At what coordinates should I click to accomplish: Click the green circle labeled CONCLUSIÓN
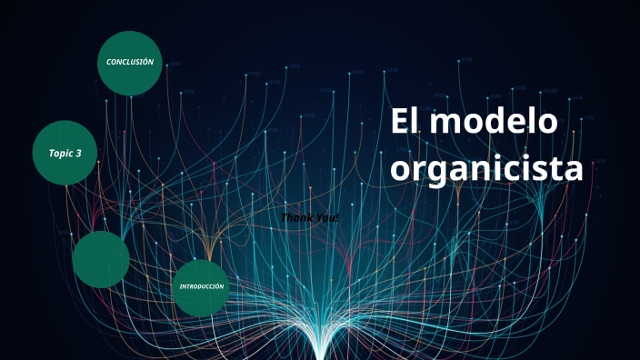tap(130, 63)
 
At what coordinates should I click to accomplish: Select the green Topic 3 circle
tap(65, 153)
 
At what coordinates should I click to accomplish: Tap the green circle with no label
tap(100, 259)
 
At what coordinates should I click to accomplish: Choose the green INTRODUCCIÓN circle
tap(201, 287)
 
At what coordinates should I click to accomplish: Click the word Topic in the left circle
tap(59, 154)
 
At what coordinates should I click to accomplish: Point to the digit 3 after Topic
tap(79, 154)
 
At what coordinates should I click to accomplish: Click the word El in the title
tap(406, 123)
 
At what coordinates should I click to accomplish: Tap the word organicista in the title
tap(486, 168)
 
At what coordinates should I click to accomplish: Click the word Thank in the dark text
tap(296, 218)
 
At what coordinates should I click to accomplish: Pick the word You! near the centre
tap(325, 218)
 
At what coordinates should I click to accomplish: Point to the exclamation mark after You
tap(336, 218)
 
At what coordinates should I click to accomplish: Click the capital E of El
tap(400, 123)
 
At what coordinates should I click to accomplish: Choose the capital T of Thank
tap(285, 218)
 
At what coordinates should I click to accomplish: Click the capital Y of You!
tap(317, 218)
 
